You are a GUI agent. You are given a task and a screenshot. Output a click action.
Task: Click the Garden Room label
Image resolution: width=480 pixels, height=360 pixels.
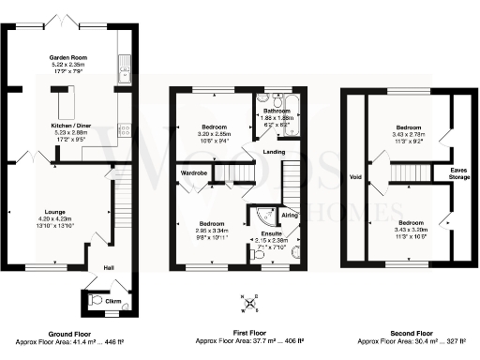62,58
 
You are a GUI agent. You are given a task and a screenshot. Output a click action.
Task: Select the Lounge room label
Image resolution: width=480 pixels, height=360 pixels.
53,213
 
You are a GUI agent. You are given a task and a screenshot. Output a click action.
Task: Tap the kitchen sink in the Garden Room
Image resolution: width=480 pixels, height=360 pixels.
124,66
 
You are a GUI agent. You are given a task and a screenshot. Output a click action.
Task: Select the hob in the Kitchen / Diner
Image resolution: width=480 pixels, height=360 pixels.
124,131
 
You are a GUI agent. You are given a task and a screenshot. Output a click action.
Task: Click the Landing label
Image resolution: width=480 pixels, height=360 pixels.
274,151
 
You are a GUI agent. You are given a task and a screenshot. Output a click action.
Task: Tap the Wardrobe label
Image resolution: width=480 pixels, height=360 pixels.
194,172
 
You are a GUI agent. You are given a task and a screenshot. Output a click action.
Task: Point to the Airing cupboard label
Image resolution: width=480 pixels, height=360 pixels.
290,215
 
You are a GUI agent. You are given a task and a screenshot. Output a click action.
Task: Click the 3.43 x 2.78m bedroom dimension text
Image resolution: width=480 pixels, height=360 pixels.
409,134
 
